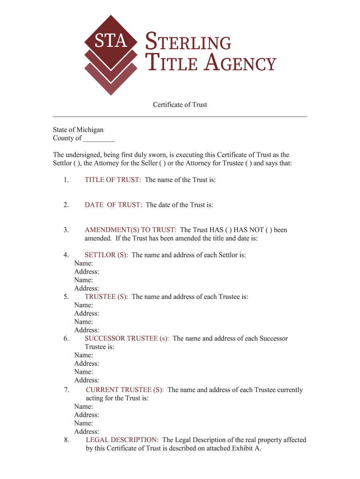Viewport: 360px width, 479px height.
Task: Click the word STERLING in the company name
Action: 189,43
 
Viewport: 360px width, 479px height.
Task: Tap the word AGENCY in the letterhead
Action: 242,63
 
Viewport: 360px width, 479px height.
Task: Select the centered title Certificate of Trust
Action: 180,105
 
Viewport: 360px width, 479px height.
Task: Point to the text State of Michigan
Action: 78,130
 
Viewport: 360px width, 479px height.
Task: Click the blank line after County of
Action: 99,138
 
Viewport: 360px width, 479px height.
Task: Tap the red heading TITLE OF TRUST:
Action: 113,180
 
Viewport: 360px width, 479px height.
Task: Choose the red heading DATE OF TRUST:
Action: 113,205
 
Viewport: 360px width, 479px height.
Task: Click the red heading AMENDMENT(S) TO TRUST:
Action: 130,230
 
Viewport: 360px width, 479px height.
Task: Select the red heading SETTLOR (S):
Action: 106,255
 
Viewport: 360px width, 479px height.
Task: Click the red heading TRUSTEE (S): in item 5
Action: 106,297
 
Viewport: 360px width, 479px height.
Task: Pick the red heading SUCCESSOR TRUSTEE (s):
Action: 127,338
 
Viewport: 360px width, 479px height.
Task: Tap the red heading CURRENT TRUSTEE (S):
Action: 125,390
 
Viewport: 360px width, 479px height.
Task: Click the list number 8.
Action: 66,440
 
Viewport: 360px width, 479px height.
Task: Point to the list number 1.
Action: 66,180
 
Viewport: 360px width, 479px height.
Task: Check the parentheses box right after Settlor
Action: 78,163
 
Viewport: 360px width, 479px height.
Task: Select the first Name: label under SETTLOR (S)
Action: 84,263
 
